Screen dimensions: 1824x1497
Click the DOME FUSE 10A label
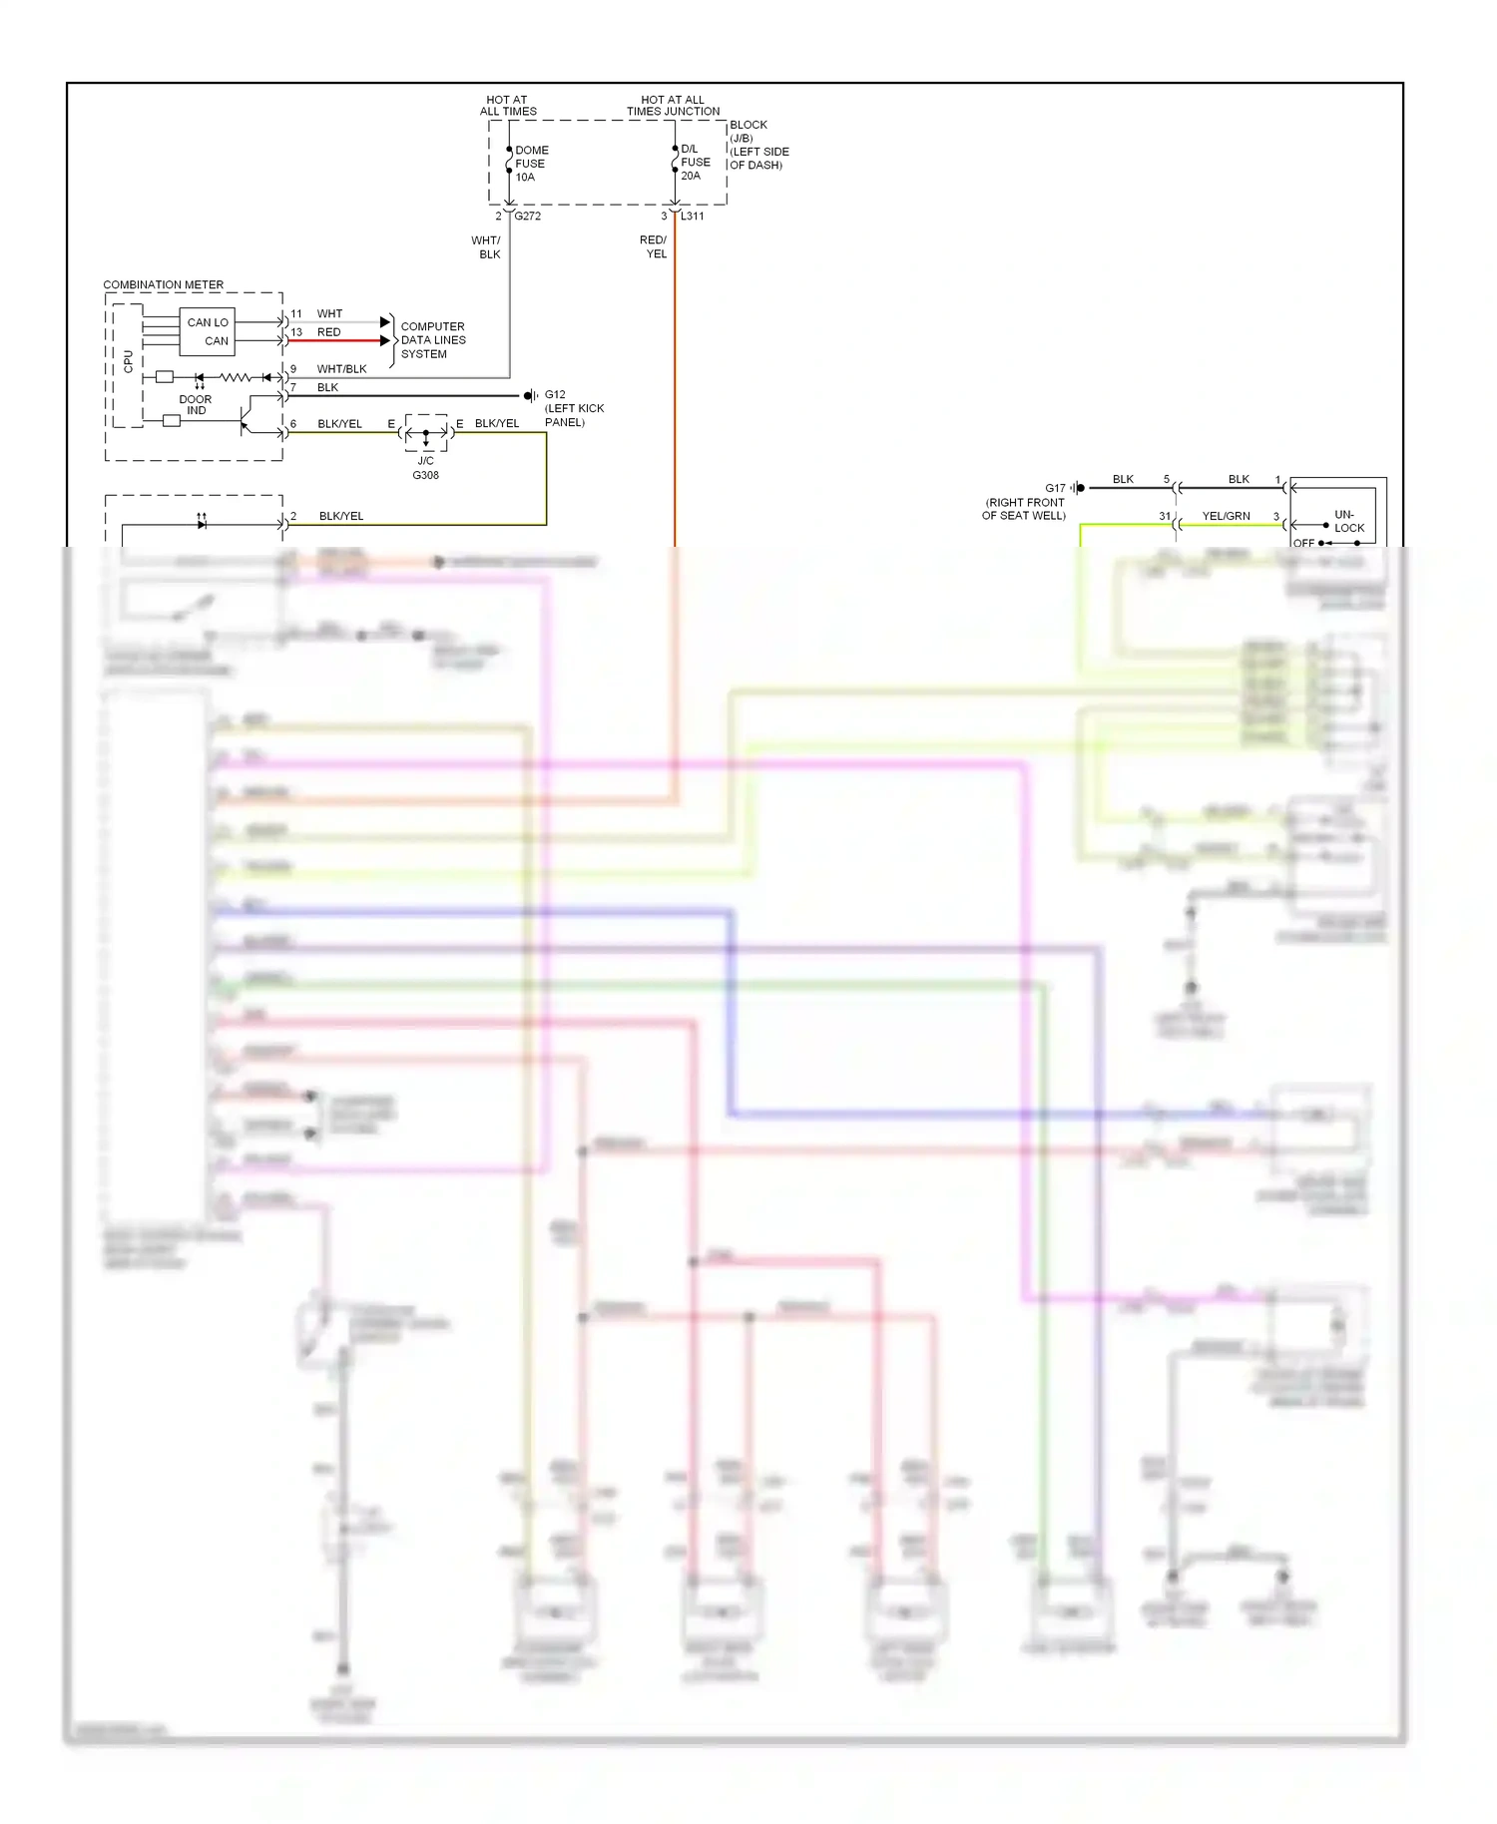530,164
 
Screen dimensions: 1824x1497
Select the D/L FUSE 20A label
695,162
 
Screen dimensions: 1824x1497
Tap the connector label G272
528,216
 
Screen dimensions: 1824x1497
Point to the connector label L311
693,216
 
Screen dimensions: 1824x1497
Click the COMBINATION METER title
164,284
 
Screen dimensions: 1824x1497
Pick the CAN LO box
208,322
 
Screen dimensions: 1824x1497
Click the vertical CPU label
128,361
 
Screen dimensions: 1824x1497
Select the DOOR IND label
196,404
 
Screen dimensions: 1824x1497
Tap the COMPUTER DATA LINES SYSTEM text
432,340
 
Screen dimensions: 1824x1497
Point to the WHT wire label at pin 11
329,313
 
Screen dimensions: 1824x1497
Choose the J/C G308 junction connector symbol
426,434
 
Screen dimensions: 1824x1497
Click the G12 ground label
555,394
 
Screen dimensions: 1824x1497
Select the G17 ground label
1055,488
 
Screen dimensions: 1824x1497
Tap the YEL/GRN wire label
1226,516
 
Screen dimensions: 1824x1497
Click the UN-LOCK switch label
1347,521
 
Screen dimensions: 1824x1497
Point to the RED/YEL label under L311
654,246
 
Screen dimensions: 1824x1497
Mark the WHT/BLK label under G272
487,247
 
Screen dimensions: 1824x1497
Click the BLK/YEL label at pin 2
341,516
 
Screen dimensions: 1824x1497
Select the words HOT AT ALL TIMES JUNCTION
673,106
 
